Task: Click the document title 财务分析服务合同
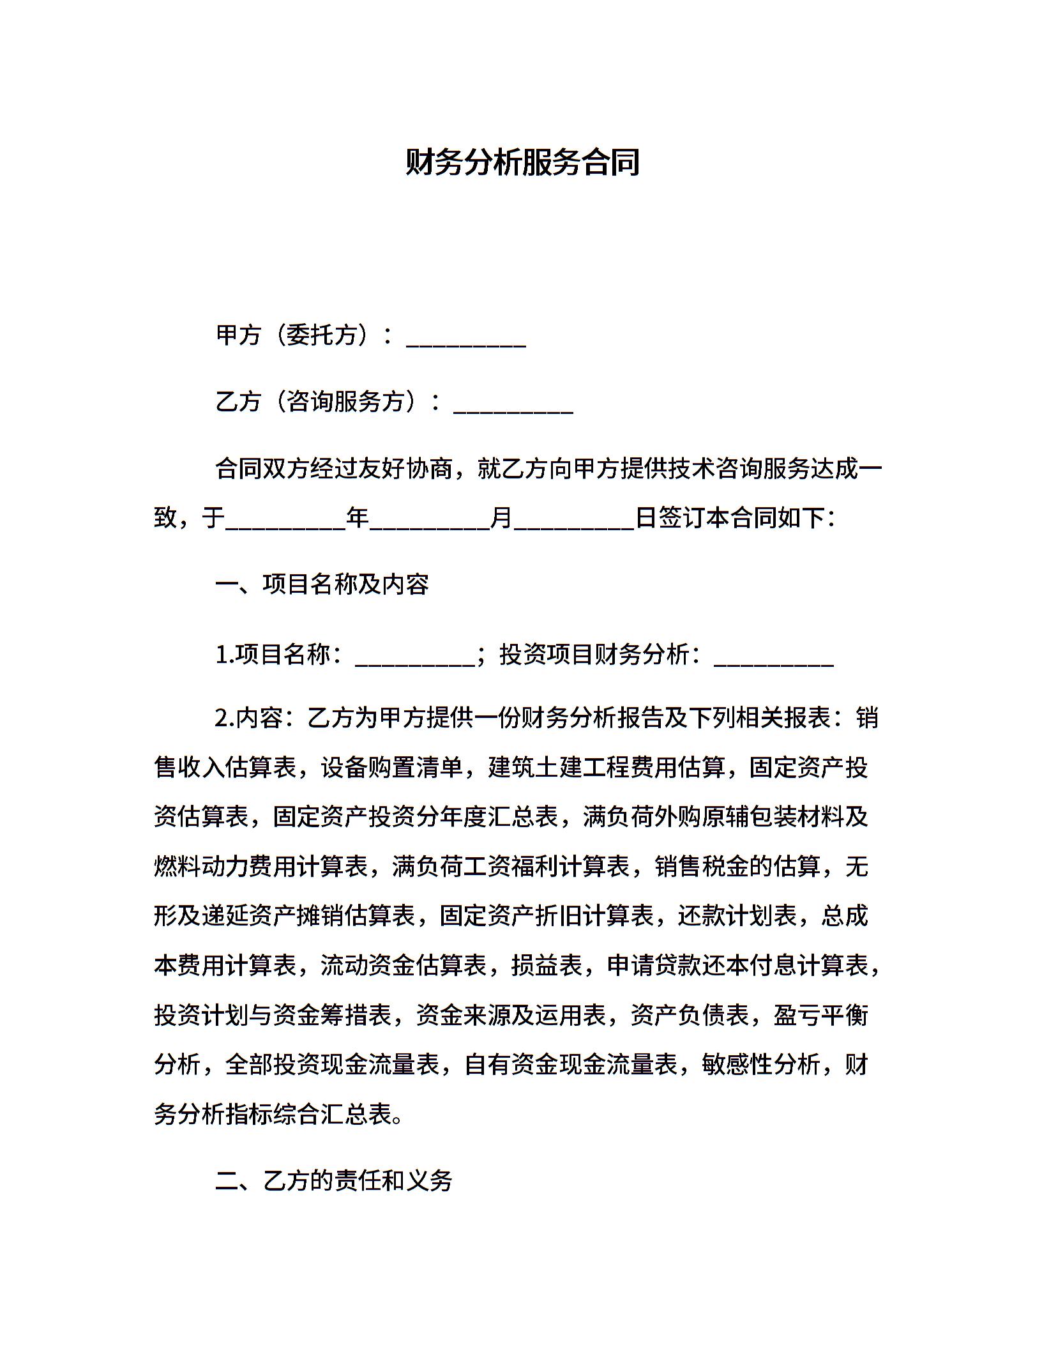click(522, 162)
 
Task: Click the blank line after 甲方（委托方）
click(465, 343)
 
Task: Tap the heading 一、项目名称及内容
click(322, 584)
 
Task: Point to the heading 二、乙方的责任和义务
click(333, 1180)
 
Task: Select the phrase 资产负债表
click(690, 1015)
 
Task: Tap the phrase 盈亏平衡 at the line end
click(821, 1015)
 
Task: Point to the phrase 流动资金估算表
click(404, 966)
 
